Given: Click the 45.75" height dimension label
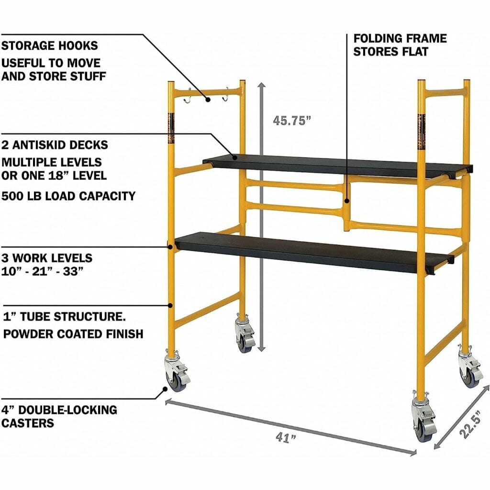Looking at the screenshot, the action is pos(292,120).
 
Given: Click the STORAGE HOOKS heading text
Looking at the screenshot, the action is pos(49,45).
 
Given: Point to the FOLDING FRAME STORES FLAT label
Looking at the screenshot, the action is pos(400,45).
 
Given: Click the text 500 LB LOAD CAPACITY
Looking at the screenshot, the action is pos(68,196).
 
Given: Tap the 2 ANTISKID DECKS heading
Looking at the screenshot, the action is pos(55,145).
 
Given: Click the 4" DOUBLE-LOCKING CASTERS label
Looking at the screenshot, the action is pos(59,416).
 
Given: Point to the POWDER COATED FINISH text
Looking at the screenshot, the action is pos(73,334).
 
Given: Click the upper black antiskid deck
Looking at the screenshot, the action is pos(335,165).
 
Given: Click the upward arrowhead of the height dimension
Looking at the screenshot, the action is pos(261,86).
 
